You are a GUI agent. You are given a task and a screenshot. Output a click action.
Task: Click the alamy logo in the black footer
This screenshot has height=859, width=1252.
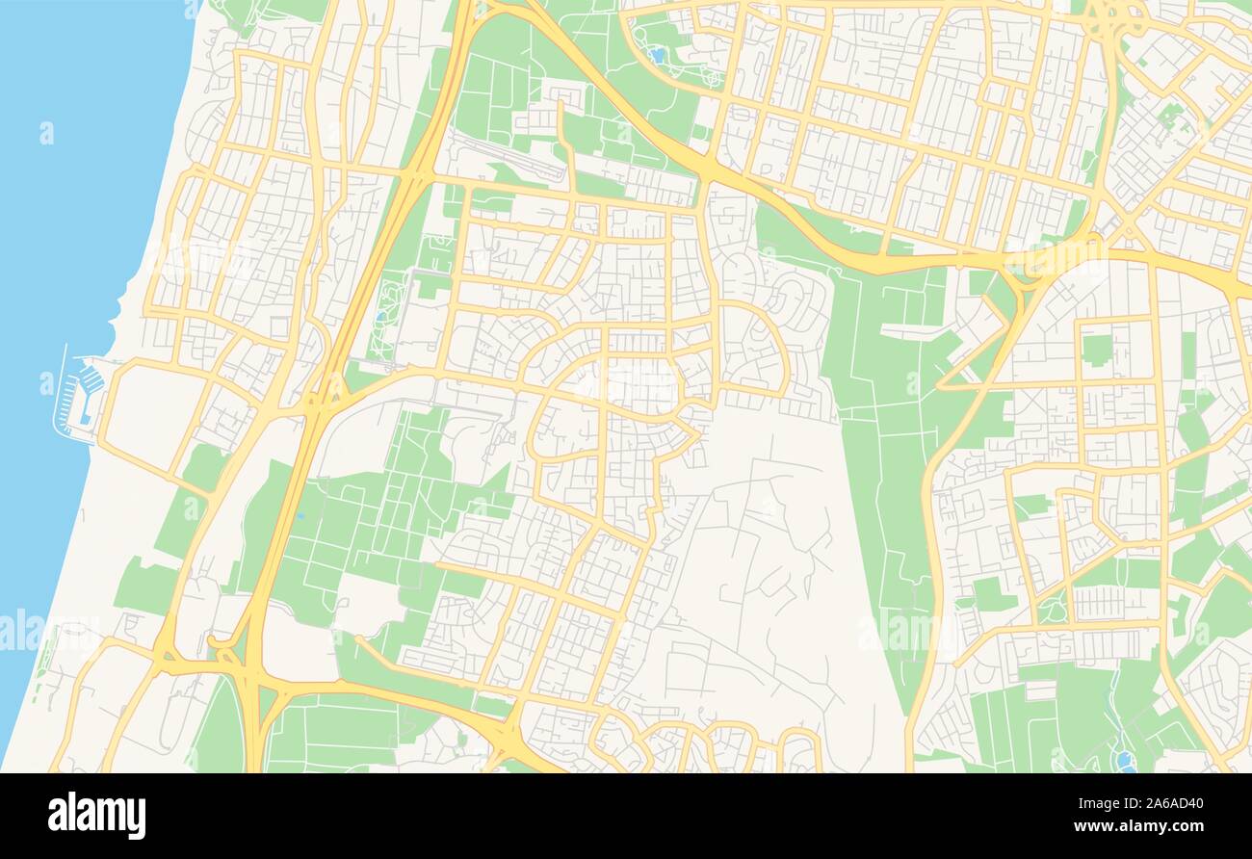(96, 815)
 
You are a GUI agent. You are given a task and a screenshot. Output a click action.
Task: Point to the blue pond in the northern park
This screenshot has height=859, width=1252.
(658, 55)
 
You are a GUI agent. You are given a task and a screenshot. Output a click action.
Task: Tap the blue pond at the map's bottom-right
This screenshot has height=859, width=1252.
(1123, 761)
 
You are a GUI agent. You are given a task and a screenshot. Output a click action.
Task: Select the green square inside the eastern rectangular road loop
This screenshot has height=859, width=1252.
(1096, 349)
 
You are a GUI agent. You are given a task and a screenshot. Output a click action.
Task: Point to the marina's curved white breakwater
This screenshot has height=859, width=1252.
(60, 395)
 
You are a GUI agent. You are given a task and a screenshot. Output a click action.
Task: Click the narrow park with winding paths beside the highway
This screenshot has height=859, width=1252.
(390, 308)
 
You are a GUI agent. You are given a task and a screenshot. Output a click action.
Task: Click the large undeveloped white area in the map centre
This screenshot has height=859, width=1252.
(761, 539)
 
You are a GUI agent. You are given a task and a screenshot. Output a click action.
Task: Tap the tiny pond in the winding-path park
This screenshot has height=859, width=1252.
(383, 315)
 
